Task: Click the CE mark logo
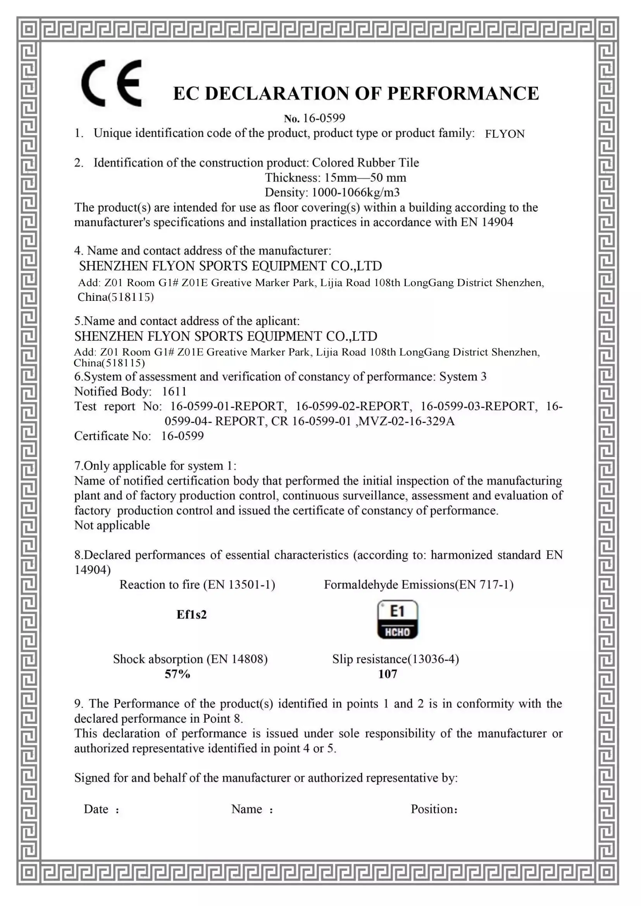point(112,83)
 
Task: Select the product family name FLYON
point(505,134)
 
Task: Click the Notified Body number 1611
point(174,391)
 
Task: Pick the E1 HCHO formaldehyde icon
point(397,620)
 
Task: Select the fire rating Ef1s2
point(191,614)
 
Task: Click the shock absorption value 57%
point(177,674)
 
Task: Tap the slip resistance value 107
point(388,674)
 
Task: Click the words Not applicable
point(112,525)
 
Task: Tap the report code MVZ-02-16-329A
point(407,421)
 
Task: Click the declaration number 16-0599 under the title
point(324,118)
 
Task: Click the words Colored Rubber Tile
point(365,163)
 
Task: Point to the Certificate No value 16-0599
point(183,436)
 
